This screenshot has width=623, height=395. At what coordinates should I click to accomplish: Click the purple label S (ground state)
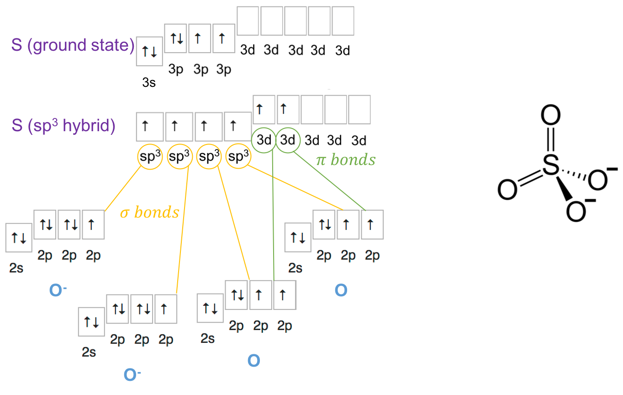pyautogui.click(x=73, y=46)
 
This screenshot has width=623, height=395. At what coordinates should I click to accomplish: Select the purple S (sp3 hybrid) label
pyautogui.click(x=63, y=125)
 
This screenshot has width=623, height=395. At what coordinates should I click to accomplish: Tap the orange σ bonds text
pyautogui.click(x=149, y=213)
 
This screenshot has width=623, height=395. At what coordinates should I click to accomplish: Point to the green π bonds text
pyautogui.click(x=346, y=160)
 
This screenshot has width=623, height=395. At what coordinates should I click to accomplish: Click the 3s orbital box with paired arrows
pyautogui.click(x=149, y=52)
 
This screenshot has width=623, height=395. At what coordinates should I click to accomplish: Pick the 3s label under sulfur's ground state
pyautogui.click(x=149, y=83)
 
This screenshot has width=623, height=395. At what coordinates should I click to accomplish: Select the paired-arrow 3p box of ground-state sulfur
pyautogui.click(x=176, y=38)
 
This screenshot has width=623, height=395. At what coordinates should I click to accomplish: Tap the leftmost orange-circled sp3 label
pyautogui.click(x=150, y=157)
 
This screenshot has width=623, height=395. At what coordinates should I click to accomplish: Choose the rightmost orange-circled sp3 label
pyautogui.click(x=238, y=157)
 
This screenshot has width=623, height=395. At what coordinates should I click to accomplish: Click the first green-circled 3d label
pyautogui.click(x=264, y=140)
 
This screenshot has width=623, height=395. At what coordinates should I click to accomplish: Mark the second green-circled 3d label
pyautogui.click(x=288, y=140)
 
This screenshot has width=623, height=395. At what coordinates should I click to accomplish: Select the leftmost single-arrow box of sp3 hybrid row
pyautogui.click(x=149, y=126)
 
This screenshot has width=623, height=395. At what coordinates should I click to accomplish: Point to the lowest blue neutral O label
pyautogui.click(x=253, y=361)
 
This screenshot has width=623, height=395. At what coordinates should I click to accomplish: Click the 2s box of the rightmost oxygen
pyautogui.click(x=297, y=238)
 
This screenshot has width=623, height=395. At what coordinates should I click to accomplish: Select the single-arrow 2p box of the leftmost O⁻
pyautogui.click(x=93, y=224)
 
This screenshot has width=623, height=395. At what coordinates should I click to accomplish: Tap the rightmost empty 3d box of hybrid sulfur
pyautogui.click(x=359, y=109)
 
